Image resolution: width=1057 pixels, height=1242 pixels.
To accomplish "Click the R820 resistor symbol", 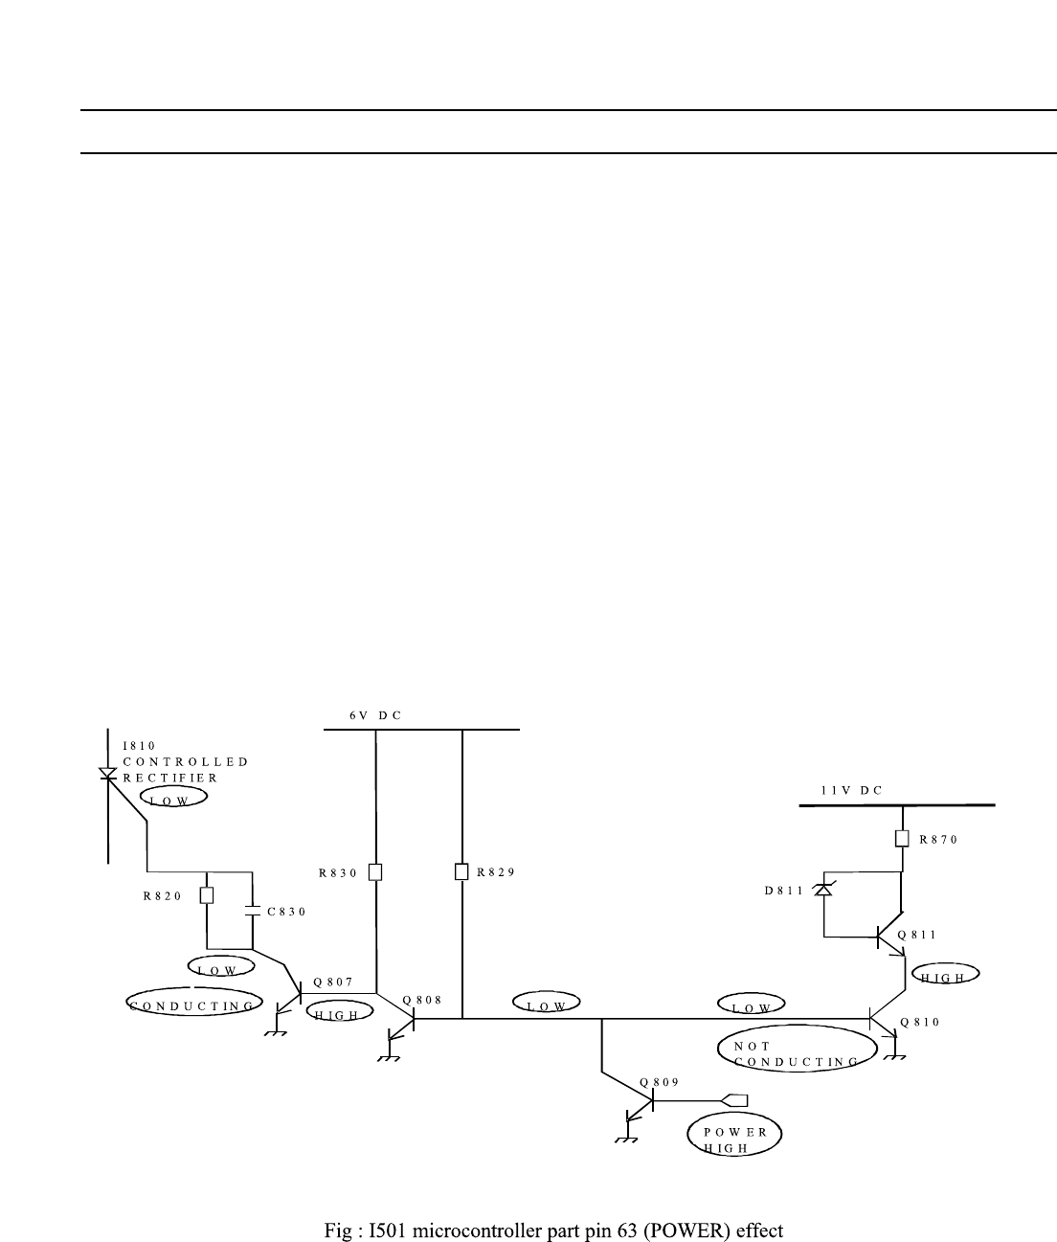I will point(207,895).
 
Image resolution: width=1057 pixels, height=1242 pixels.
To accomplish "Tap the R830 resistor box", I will point(375,871).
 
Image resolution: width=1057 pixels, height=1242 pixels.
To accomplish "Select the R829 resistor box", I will point(461,871).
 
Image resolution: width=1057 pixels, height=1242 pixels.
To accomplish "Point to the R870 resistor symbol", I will point(902,839).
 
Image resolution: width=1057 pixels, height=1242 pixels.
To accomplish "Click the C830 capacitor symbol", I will point(253,913).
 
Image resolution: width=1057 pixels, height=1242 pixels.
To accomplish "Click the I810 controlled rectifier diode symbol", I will point(108,772).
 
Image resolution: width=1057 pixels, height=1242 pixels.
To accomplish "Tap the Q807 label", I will point(333,982).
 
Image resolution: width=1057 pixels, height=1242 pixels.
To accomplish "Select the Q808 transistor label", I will point(422,999).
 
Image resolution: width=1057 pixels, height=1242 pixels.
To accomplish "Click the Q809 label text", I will point(660,1081).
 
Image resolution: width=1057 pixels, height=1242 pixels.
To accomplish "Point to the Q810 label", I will point(920,1022).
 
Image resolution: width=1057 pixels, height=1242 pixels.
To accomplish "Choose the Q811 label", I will point(917,935).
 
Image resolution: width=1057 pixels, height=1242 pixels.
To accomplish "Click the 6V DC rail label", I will point(375,715).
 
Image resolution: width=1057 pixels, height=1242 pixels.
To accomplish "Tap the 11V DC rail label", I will point(851,791).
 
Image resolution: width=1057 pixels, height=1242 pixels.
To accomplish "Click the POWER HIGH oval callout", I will point(734,1136).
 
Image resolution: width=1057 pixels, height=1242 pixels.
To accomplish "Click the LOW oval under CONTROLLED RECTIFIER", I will point(173,797).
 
